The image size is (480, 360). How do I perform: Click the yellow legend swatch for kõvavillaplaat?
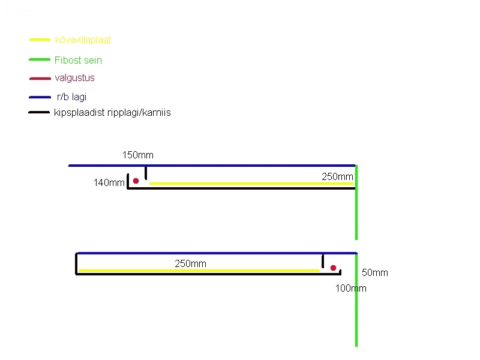pos(40,40)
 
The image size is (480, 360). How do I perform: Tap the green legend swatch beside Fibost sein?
pos(40,60)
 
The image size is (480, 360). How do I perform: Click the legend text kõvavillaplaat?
pos(83,40)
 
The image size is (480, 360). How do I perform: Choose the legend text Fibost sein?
pos(78,60)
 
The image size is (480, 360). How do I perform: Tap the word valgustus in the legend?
pos(74,78)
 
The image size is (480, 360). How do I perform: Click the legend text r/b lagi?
pos(71,97)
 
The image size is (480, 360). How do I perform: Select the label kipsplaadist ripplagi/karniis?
pos(112,112)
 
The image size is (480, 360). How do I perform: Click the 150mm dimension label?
pos(138,155)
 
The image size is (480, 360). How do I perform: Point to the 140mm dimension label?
pos(109,183)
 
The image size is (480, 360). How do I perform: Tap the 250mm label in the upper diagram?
pos(337,176)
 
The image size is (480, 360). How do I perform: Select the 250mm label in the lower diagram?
pos(190,263)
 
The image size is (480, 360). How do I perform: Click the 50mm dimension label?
pos(375,273)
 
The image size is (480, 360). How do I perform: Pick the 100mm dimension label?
pos(350,289)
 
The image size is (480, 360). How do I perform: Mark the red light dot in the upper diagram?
pos(136,181)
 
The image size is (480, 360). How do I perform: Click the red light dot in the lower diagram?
pos(333,268)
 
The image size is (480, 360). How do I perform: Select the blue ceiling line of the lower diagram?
pos(216,253)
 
